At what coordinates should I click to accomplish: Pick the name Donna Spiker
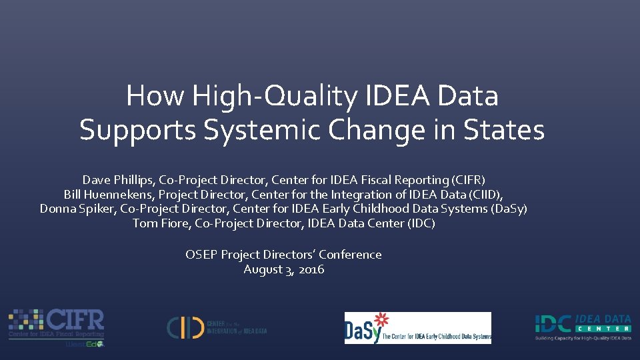77,209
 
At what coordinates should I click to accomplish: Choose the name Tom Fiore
161,223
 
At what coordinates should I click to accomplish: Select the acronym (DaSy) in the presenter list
509,209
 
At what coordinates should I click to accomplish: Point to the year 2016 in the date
311,269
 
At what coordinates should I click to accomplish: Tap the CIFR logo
57,327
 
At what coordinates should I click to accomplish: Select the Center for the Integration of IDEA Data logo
217,327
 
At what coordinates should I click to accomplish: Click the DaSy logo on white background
417,328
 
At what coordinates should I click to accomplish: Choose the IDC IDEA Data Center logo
583,327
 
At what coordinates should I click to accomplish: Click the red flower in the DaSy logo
381,319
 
